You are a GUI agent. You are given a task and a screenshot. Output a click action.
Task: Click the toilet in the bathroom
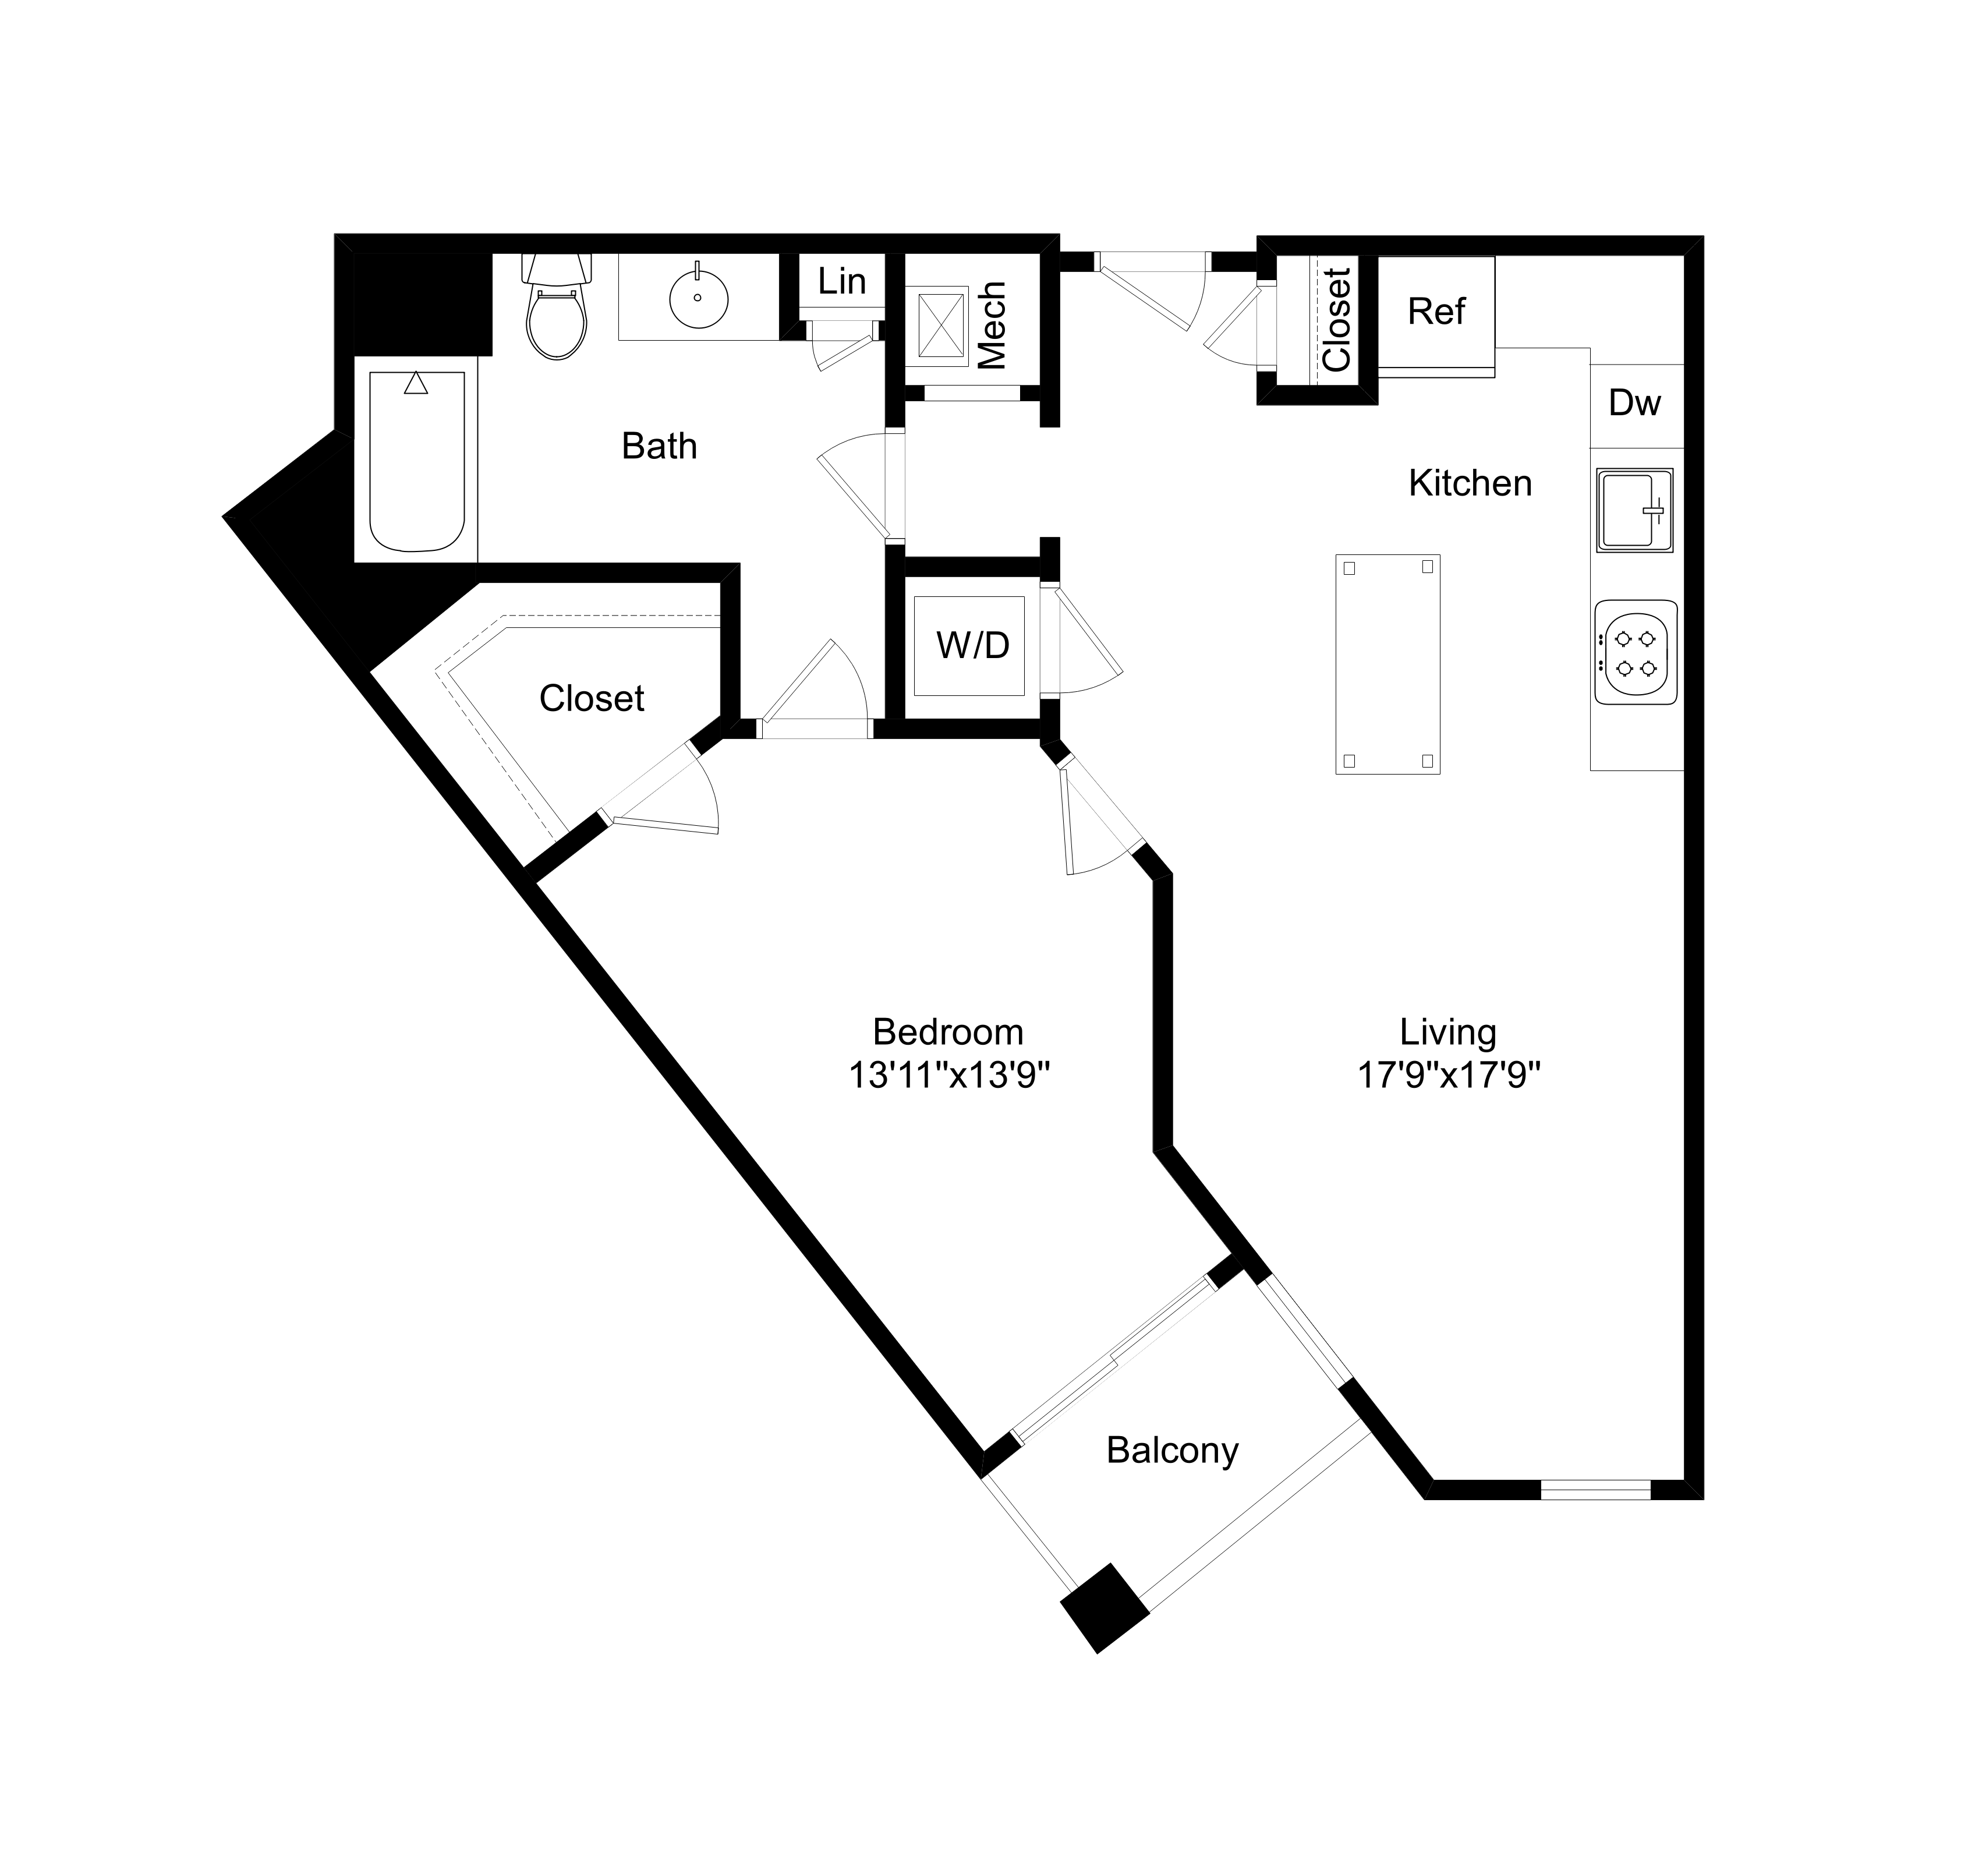[557, 311]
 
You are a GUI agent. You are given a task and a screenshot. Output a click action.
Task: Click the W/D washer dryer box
[972, 645]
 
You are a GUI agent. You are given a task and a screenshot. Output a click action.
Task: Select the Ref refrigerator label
[1436, 312]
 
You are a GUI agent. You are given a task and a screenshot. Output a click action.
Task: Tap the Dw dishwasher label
[1634, 402]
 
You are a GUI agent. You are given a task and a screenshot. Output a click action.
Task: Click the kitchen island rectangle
[1388, 664]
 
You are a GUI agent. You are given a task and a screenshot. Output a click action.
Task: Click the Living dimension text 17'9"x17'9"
[1448, 1074]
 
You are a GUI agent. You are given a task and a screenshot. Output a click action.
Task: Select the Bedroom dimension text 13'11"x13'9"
[948, 1074]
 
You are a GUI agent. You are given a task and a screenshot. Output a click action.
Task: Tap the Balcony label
[1172, 1451]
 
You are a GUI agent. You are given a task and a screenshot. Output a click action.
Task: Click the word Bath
[659, 447]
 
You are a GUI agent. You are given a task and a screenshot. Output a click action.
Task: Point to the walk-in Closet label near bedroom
[591, 699]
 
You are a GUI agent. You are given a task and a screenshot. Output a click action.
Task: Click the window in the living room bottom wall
[1595, 1489]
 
